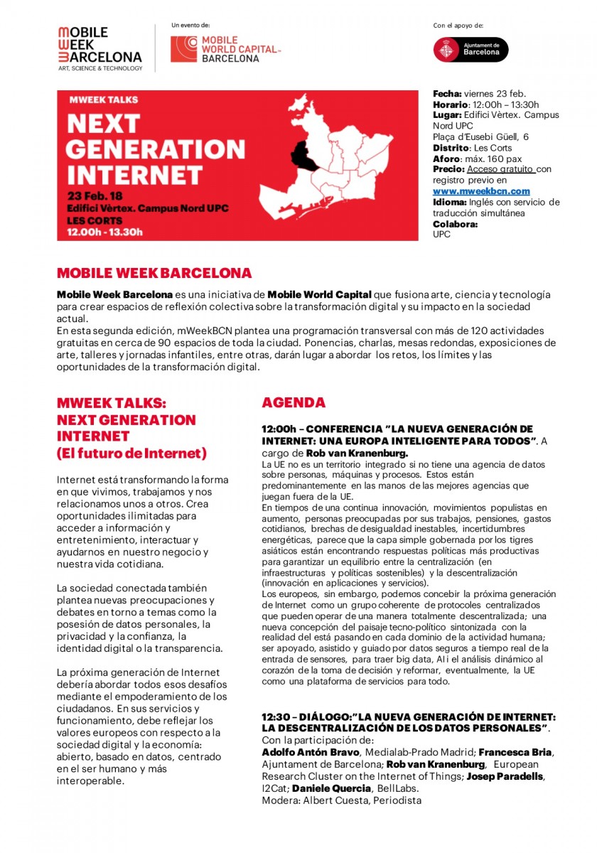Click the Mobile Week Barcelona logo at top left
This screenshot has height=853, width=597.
tap(99, 48)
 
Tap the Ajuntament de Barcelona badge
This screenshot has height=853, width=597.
tap(471, 50)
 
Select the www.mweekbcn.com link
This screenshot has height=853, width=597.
tap(481, 191)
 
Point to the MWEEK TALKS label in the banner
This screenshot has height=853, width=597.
tap(103, 100)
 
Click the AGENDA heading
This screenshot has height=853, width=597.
tap(294, 402)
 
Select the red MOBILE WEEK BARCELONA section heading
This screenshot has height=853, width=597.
tap(154, 273)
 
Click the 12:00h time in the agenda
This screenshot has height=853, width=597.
tap(279, 430)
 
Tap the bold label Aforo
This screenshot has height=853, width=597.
tap(446, 159)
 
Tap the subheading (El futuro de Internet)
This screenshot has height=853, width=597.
tap(132, 453)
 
